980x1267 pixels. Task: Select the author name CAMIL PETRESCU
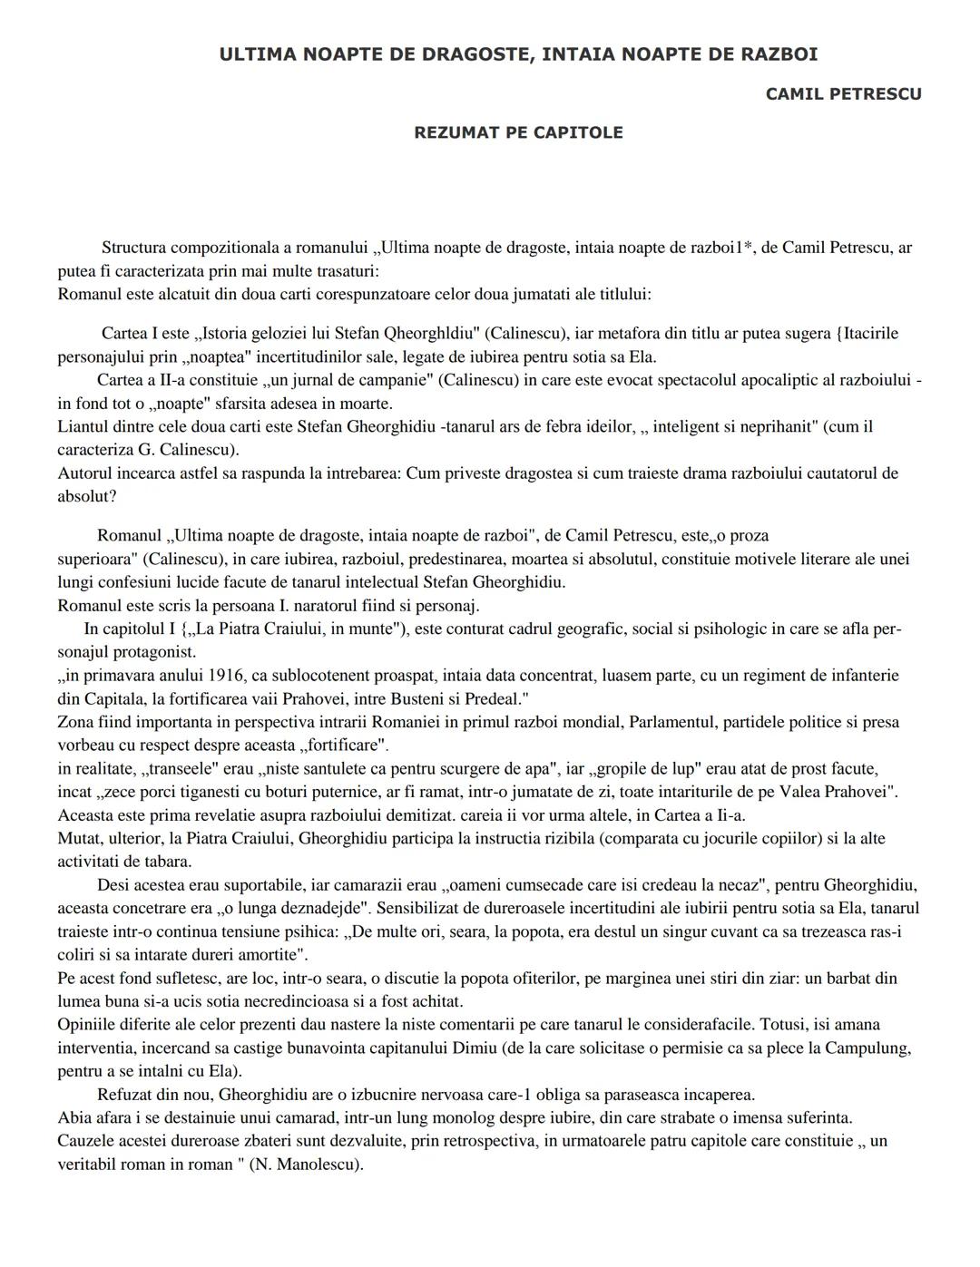tap(843, 94)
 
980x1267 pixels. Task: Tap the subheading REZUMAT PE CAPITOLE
tap(518, 132)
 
